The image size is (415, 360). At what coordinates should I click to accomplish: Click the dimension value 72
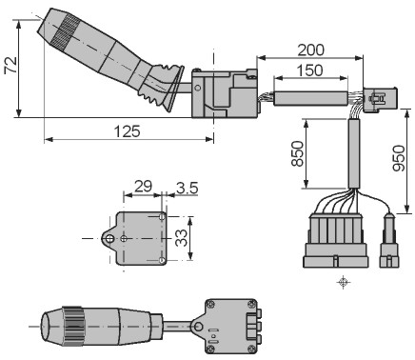(11, 66)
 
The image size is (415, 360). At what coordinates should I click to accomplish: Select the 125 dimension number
(127, 131)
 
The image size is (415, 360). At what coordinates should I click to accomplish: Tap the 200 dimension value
(311, 50)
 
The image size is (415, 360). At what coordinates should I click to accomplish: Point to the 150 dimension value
(310, 70)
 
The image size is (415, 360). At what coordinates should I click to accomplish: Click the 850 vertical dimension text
(298, 153)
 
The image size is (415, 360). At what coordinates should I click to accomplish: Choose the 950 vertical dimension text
(399, 158)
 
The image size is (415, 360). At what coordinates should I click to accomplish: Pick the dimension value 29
(143, 187)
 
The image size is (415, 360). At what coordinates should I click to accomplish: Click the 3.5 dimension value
(188, 188)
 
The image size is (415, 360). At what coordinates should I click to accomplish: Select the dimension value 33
(182, 238)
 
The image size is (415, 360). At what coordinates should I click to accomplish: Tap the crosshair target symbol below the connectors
(343, 282)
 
